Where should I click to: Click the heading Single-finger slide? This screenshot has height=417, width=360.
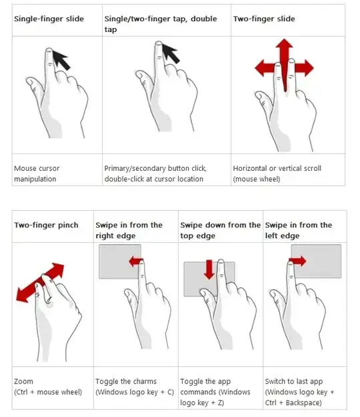(x=49, y=19)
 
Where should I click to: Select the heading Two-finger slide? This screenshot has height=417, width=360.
(x=264, y=19)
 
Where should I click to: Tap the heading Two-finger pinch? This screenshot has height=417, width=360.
(x=46, y=226)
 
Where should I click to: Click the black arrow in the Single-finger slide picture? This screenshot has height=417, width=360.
(x=61, y=60)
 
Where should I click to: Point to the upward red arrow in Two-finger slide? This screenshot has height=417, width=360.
(x=285, y=64)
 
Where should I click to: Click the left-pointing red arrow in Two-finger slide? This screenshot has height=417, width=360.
(x=265, y=68)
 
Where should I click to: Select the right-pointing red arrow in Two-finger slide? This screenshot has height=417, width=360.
(x=304, y=68)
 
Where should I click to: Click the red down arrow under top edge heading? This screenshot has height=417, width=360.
(x=209, y=270)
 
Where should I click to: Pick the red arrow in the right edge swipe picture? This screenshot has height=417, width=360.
(x=136, y=262)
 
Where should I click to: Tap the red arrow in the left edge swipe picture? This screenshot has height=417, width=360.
(x=297, y=261)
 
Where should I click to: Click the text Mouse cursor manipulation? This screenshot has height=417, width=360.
(x=37, y=173)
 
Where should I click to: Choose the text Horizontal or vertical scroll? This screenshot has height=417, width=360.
(x=277, y=168)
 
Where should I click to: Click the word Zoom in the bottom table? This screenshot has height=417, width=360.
(x=23, y=382)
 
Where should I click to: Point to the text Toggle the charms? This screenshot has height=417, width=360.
(x=126, y=382)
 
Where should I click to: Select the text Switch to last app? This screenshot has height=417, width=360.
(x=294, y=382)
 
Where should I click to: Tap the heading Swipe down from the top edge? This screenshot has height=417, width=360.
(x=220, y=230)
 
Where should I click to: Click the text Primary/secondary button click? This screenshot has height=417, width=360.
(x=155, y=168)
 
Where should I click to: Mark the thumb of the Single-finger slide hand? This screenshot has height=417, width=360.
(x=35, y=87)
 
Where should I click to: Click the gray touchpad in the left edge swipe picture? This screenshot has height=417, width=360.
(x=316, y=262)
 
